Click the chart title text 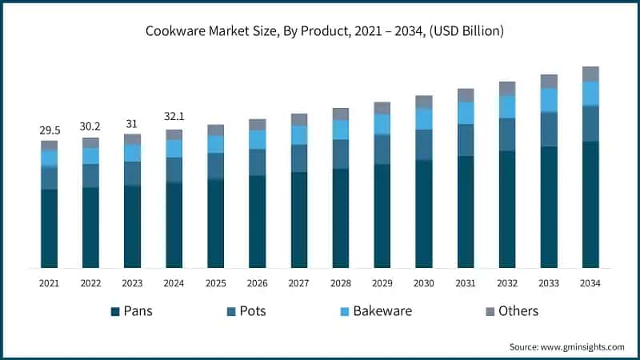coord(320,32)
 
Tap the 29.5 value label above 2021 coord(50,130)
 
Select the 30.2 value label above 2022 coord(91,126)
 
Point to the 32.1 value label coord(174,118)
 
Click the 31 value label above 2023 coord(133,123)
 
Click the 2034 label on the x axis coord(590,283)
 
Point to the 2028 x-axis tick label coord(341,283)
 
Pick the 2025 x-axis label coord(216,283)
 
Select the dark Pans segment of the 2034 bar coord(590,205)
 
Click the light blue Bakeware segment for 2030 coord(424,119)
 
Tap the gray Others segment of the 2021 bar coord(50,146)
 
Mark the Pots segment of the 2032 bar coord(507,134)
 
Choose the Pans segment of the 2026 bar coord(258,222)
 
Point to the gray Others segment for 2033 coord(549,81)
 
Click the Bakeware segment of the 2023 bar coord(133,153)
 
